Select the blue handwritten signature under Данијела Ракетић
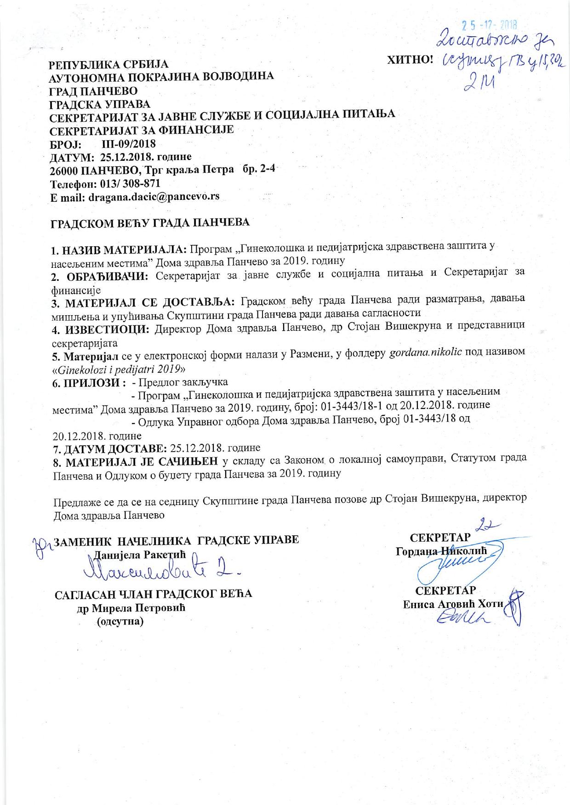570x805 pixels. [x=161, y=571]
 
